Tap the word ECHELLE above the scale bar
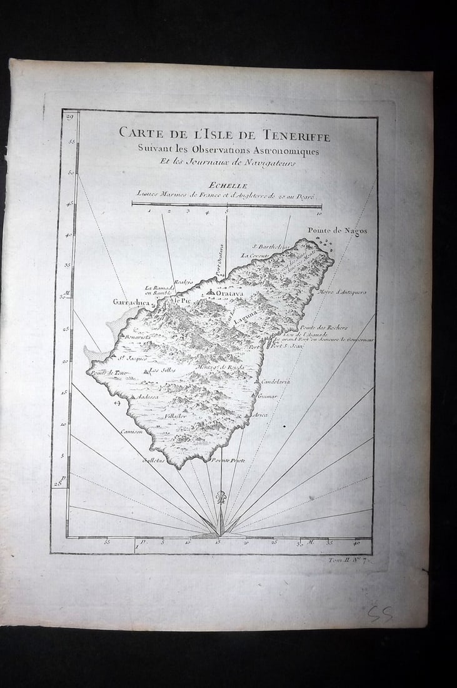tap(229, 185)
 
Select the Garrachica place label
tap(130, 302)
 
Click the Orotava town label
tap(229, 291)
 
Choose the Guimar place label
tap(268, 396)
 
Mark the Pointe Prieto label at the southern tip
tap(228, 460)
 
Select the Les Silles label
tap(163, 370)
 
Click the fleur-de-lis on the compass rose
tap(220, 498)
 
